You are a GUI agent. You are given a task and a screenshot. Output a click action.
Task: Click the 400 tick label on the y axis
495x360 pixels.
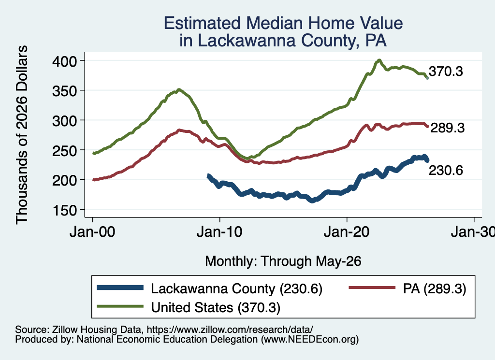(64, 61)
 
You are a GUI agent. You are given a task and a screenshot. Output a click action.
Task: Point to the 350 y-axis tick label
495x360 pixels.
(64, 91)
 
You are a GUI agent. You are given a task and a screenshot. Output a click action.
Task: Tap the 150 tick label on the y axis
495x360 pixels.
(64, 210)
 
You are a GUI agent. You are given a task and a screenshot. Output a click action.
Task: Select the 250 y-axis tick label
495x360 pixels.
(64, 150)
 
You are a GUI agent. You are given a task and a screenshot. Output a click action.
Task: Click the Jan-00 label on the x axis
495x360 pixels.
(92, 232)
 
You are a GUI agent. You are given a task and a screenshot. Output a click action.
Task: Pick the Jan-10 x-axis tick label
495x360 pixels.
(219, 232)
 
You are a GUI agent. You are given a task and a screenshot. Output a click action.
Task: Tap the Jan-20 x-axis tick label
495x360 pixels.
(347, 232)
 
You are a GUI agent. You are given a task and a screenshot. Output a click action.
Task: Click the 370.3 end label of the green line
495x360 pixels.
(446, 72)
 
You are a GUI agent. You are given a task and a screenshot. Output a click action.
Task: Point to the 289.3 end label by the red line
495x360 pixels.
(447, 128)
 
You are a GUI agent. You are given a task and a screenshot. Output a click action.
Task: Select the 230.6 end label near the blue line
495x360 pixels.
(446, 171)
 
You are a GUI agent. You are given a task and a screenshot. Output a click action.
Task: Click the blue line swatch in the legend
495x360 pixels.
(120, 288)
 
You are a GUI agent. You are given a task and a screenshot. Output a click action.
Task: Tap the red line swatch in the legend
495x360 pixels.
(372, 288)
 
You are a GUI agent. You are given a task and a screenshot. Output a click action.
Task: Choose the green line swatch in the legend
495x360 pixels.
(120, 306)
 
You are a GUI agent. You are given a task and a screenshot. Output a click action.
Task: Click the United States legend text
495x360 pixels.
(192, 307)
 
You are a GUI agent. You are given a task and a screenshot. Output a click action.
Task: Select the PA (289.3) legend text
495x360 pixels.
(435, 288)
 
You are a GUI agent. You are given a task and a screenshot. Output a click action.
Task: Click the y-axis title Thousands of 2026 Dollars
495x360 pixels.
(22, 135)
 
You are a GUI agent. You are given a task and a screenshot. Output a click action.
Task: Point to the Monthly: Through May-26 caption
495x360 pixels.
(283, 261)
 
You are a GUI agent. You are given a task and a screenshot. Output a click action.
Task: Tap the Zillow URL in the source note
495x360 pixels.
(230, 330)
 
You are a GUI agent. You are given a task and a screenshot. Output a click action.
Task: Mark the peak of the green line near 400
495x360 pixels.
(379, 60)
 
